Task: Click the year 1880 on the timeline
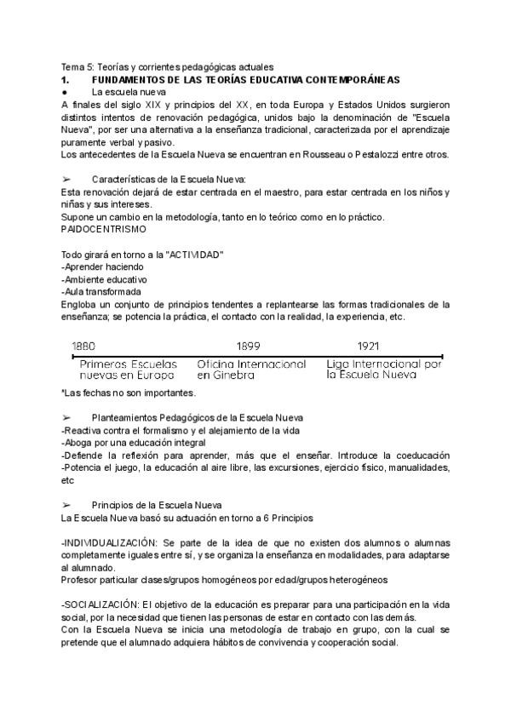(x=83, y=347)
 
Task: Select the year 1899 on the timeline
(x=249, y=347)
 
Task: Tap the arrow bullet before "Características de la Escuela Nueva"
(x=66, y=180)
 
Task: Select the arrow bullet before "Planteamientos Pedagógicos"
(x=66, y=417)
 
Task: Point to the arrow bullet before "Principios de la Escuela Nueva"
(x=66, y=504)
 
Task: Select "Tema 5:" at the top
(x=78, y=67)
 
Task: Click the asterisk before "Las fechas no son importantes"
(x=63, y=392)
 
